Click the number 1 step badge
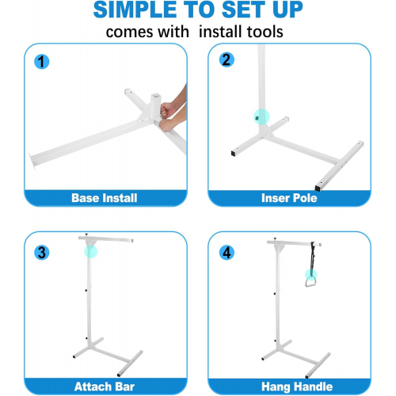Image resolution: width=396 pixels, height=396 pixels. click(42, 62)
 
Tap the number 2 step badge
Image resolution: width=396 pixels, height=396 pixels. click(227, 59)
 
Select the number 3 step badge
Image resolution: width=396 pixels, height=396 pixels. click(42, 253)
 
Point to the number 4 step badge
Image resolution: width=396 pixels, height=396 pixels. click(227, 253)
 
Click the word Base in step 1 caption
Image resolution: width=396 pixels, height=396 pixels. click(85, 198)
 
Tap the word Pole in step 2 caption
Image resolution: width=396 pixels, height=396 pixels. click(305, 198)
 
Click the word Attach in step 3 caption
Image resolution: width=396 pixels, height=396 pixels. click(93, 386)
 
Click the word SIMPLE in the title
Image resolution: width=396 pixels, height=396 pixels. click(135, 10)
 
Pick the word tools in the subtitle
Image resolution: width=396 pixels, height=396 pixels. click(265, 32)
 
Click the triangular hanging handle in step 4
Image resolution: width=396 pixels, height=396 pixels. click(310, 282)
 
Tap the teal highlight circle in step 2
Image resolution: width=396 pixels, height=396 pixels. click(261, 116)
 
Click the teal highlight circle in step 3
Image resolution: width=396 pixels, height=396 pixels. click(91, 251)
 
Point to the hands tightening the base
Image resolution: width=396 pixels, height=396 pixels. click(172, 112)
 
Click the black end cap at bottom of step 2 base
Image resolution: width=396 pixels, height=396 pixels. click(318, 188)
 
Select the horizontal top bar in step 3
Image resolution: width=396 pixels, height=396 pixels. click(106, 239)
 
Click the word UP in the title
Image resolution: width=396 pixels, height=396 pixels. click(287, 10)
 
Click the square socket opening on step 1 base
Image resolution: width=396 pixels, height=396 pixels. click(155, 96)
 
